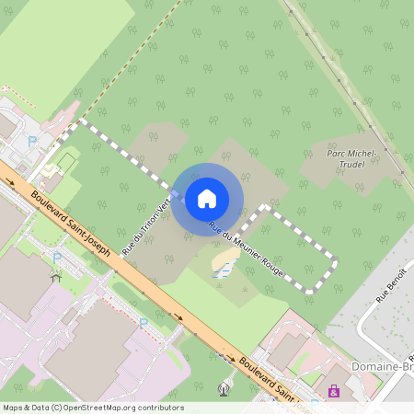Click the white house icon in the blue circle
pyautogui.click(x=207, y=199)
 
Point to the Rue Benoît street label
pyautogui.click(x=390, y=293)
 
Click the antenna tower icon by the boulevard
pyautogui.click(x=222, y=388)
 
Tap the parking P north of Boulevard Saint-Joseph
pyautogui.click(x=33, y=142)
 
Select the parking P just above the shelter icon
pyautogui.click(x=56, y=259)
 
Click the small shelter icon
pyautogui.click(x=56, y=275)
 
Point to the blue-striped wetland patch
pyautogui.click(x=224, y=268)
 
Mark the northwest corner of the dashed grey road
pyautogui.click(x=82, y=121)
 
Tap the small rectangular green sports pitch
pyautogui.click(x=65, y=163)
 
